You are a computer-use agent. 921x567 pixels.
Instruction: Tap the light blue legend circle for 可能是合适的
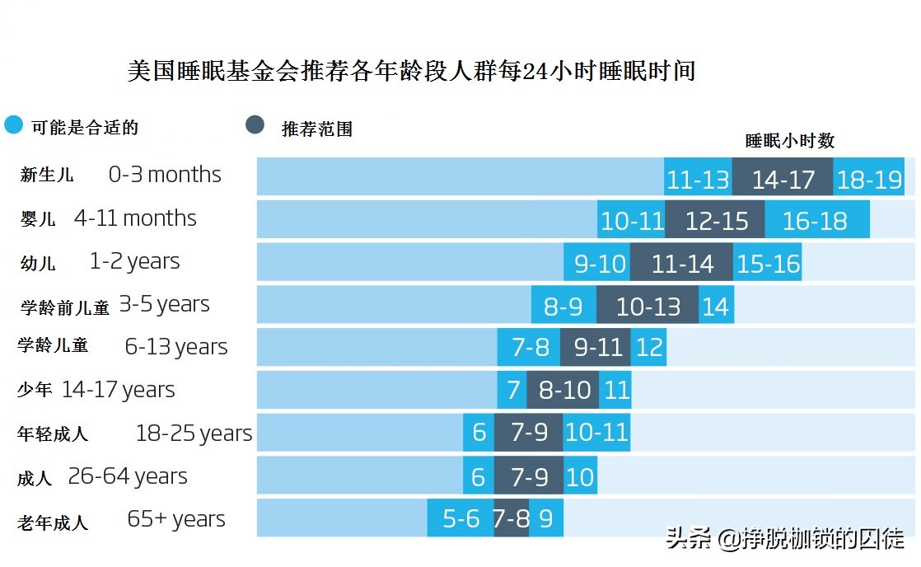tap(14, 125)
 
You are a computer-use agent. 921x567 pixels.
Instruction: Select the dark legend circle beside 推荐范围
tap(255, 125)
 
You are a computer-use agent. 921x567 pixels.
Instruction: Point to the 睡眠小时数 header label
tap(789, 141)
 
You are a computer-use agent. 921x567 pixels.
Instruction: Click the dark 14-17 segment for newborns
tap(783, 178)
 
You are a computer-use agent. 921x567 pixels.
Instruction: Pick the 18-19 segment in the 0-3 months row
tap(868, 178)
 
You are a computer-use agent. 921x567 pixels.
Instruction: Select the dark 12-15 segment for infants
tap(715, 220)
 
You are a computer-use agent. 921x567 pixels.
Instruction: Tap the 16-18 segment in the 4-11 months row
tap(816, 220)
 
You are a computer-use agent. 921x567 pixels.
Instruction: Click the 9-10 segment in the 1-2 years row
tap(598, 263)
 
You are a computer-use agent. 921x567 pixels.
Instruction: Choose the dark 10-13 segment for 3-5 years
tap(648, 306)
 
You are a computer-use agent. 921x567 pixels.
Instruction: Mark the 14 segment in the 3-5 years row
tap(716, 306)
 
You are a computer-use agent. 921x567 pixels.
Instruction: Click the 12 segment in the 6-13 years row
tap(649, 348)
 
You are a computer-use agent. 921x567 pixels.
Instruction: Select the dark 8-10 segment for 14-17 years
tap(563, 390)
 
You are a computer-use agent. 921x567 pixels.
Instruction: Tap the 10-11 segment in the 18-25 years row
tap(596, 433)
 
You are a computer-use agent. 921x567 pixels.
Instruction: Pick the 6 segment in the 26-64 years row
tap(479, 476)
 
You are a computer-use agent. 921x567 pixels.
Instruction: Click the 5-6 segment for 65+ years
tap(460, 519)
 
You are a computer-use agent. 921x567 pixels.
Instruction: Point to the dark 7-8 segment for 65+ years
tap(512, 519)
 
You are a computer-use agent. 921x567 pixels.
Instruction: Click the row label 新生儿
tap(47, 176)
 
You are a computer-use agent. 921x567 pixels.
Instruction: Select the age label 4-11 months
tap(135, 218)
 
